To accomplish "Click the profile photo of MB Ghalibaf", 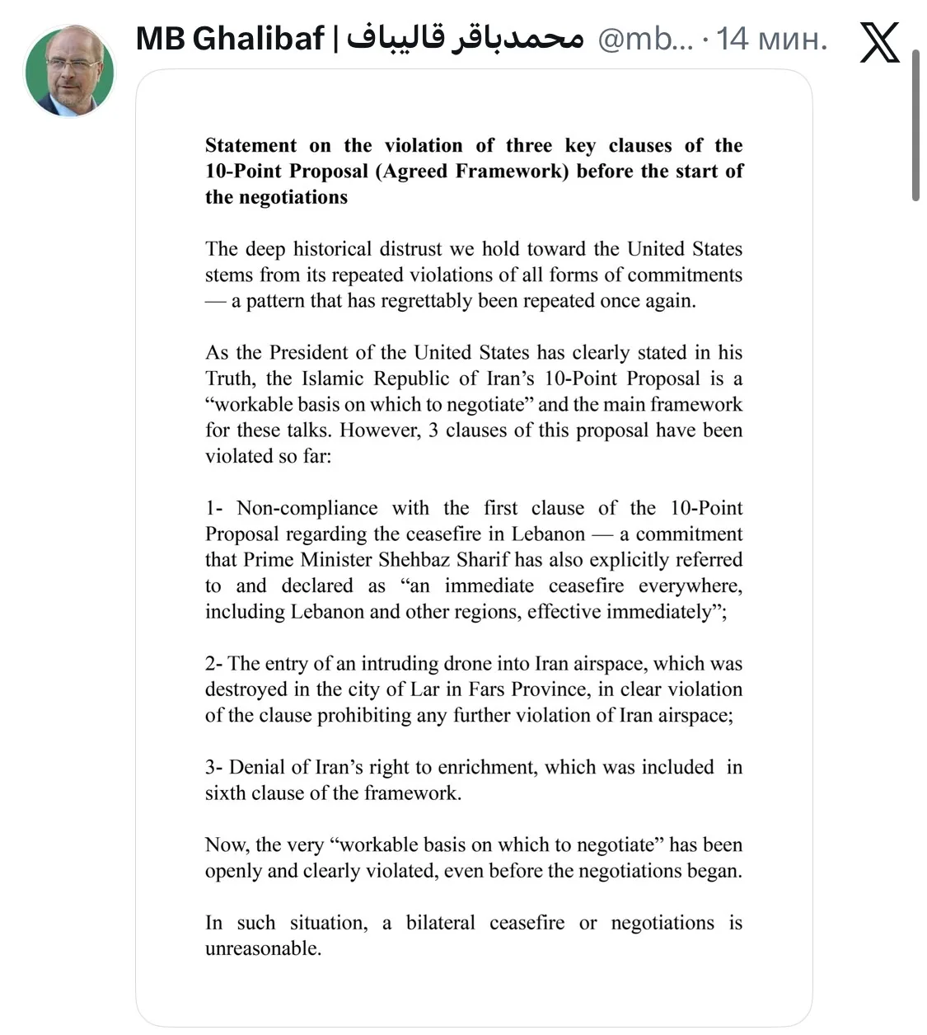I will (x=69, y=71).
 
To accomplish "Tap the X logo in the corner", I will (x=879, y=41).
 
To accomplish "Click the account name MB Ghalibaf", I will (x=230, y=39).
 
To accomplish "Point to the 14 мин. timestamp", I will (x=771, y=39).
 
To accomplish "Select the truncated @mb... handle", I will (x=645, y=39).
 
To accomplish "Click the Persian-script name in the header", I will (x=465, y=39).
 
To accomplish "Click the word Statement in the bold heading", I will (x=250, y=146).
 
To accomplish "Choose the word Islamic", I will (x=332, y=379).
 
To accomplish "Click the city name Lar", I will (x=424, y=689).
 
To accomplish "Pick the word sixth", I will (x=226, y=793).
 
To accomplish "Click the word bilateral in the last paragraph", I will (x=440, y=923).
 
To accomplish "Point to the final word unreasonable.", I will (x=262, y=948).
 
